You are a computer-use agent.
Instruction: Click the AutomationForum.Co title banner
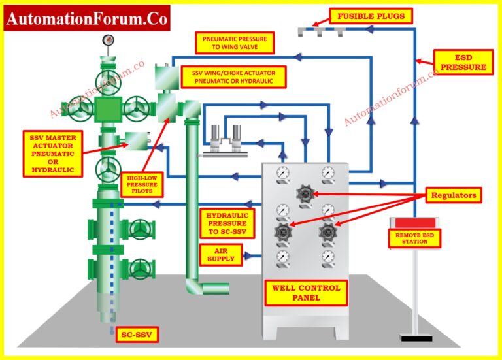tap(87, 18)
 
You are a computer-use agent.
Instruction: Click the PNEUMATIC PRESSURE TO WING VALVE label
tap(234, 43)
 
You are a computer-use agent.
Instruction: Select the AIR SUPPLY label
tap(220, 254)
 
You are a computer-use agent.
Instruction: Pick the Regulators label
tap(454, 195)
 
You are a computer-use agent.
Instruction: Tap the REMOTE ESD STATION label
tap(412, 238)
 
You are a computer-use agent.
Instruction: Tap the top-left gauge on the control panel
tap(282, 173)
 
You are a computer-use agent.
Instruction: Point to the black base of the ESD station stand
tap(413, 338)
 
